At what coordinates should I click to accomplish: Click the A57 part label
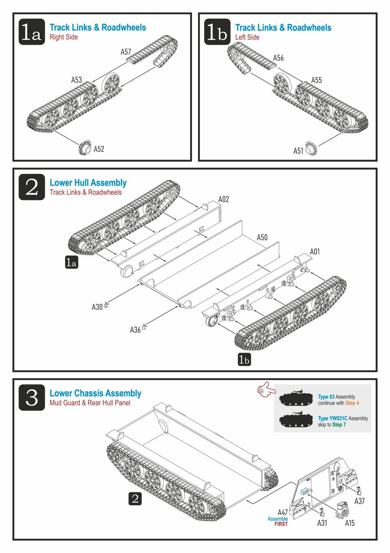(125, 52)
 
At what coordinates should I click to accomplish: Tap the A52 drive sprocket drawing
(85, 148)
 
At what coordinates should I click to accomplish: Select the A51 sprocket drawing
(311, 148)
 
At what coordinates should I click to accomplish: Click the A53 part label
(76, 80)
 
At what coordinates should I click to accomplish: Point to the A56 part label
(278, 58)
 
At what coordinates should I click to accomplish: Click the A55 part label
(316, 80)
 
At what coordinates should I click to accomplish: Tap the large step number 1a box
(32, 32)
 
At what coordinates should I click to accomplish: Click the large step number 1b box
(217, 32)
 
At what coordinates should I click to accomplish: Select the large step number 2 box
(32, 187)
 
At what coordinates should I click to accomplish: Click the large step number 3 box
(32, 397)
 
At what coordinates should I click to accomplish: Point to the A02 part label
(223, 199)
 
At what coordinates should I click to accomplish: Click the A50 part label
(262, 238)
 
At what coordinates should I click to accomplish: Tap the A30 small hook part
(106, 304)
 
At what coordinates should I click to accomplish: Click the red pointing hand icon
(265, 389)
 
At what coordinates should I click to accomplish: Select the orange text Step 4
(352, 403)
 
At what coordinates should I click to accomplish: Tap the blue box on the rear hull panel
(305, 492)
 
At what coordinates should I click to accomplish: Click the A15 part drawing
(341, 509)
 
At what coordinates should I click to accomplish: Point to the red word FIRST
(281, 524)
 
